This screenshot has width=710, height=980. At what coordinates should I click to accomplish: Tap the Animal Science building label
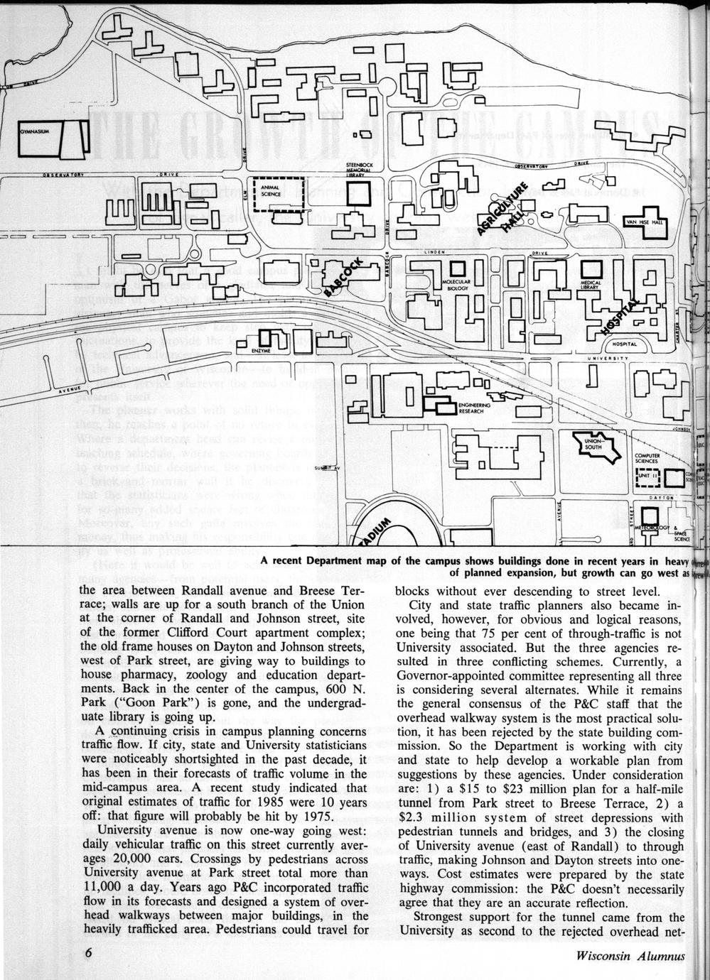click(x=270, y=191)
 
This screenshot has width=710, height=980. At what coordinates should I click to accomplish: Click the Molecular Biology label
click(x=457, y=285)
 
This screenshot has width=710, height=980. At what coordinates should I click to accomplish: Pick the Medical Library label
click(x=591, y=285)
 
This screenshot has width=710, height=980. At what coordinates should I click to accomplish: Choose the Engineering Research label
click(x=472, y=408)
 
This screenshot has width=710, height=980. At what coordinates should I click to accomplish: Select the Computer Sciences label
click(x=647, y=458)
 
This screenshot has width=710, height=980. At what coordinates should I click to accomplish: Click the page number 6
click(x=88, y=954)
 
